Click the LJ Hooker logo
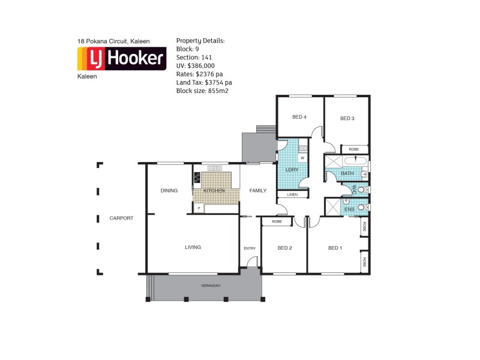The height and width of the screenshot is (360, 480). coord(122,59)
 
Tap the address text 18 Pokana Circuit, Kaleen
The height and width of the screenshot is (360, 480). coord(113,41)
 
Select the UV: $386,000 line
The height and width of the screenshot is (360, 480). coord(195,65)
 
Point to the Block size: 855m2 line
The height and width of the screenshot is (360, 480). coord(202,91)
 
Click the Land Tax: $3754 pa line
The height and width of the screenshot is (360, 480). coord(204,82)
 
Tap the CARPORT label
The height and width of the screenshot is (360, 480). coord(121,218)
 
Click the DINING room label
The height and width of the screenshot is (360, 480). coord(169,191)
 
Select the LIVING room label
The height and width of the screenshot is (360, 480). coord(193,247)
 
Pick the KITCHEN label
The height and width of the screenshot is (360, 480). coord(214,191)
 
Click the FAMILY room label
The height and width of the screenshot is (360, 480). coord(258,191)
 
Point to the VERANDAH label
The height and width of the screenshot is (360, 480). coord(211,286)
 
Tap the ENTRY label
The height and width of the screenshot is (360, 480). coord(250,248)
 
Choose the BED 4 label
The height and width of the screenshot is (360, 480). coord(299,118)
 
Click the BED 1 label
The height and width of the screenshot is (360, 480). coord(335,248)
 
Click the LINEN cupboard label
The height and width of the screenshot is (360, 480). coord(292,195)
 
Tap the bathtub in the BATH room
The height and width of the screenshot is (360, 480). coord(355,160)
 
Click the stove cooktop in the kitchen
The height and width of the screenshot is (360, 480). coord(197,178)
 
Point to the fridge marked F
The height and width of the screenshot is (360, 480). coord(197,209)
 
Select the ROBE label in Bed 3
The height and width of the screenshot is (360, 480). coord(354,149)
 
